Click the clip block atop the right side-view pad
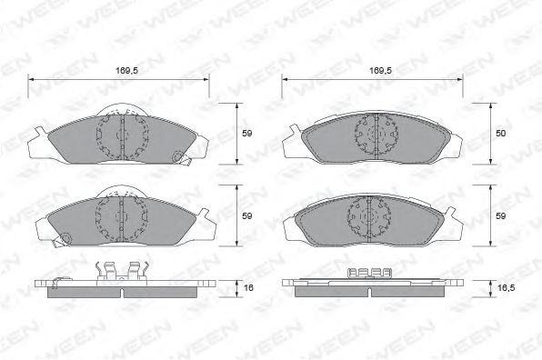(370, 272)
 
